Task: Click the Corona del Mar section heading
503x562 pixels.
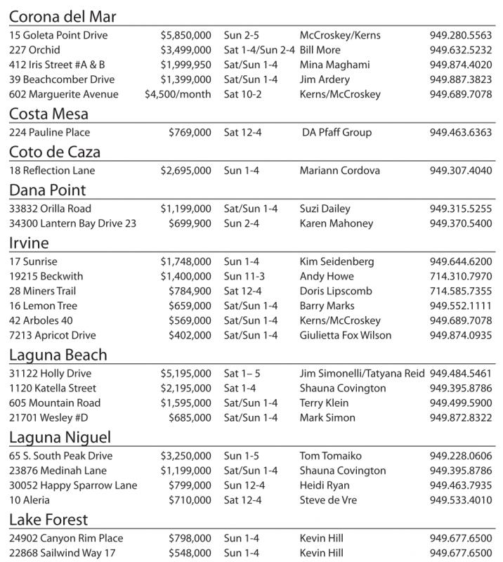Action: pyautogui.click(x=63, y=17)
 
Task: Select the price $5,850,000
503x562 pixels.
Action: pyautogui.click(x=185, y=35)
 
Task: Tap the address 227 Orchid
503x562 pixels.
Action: pyautogui.click(x=34, y=50)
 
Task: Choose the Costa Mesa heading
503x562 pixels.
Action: pyautogui.click(x=48, y=114)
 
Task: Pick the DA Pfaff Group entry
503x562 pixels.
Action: pyautogui.click(x=337, y=132)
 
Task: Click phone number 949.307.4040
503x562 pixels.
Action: pyautogui.click(x=461, y=170)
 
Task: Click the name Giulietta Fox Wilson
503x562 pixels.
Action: pyautogui.click(x=346, y=335)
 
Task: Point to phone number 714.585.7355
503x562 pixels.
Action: pyautogui.click(x=461, y=291)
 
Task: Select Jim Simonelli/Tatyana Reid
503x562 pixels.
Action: pyautogui.click(x=362, y=373)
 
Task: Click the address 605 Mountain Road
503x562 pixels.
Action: pyautogui.click(x=55, y=403)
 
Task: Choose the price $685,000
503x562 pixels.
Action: pyautogui.click(x=190, y=417)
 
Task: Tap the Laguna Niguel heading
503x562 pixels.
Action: pyautogui.click(x=60, y=437)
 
